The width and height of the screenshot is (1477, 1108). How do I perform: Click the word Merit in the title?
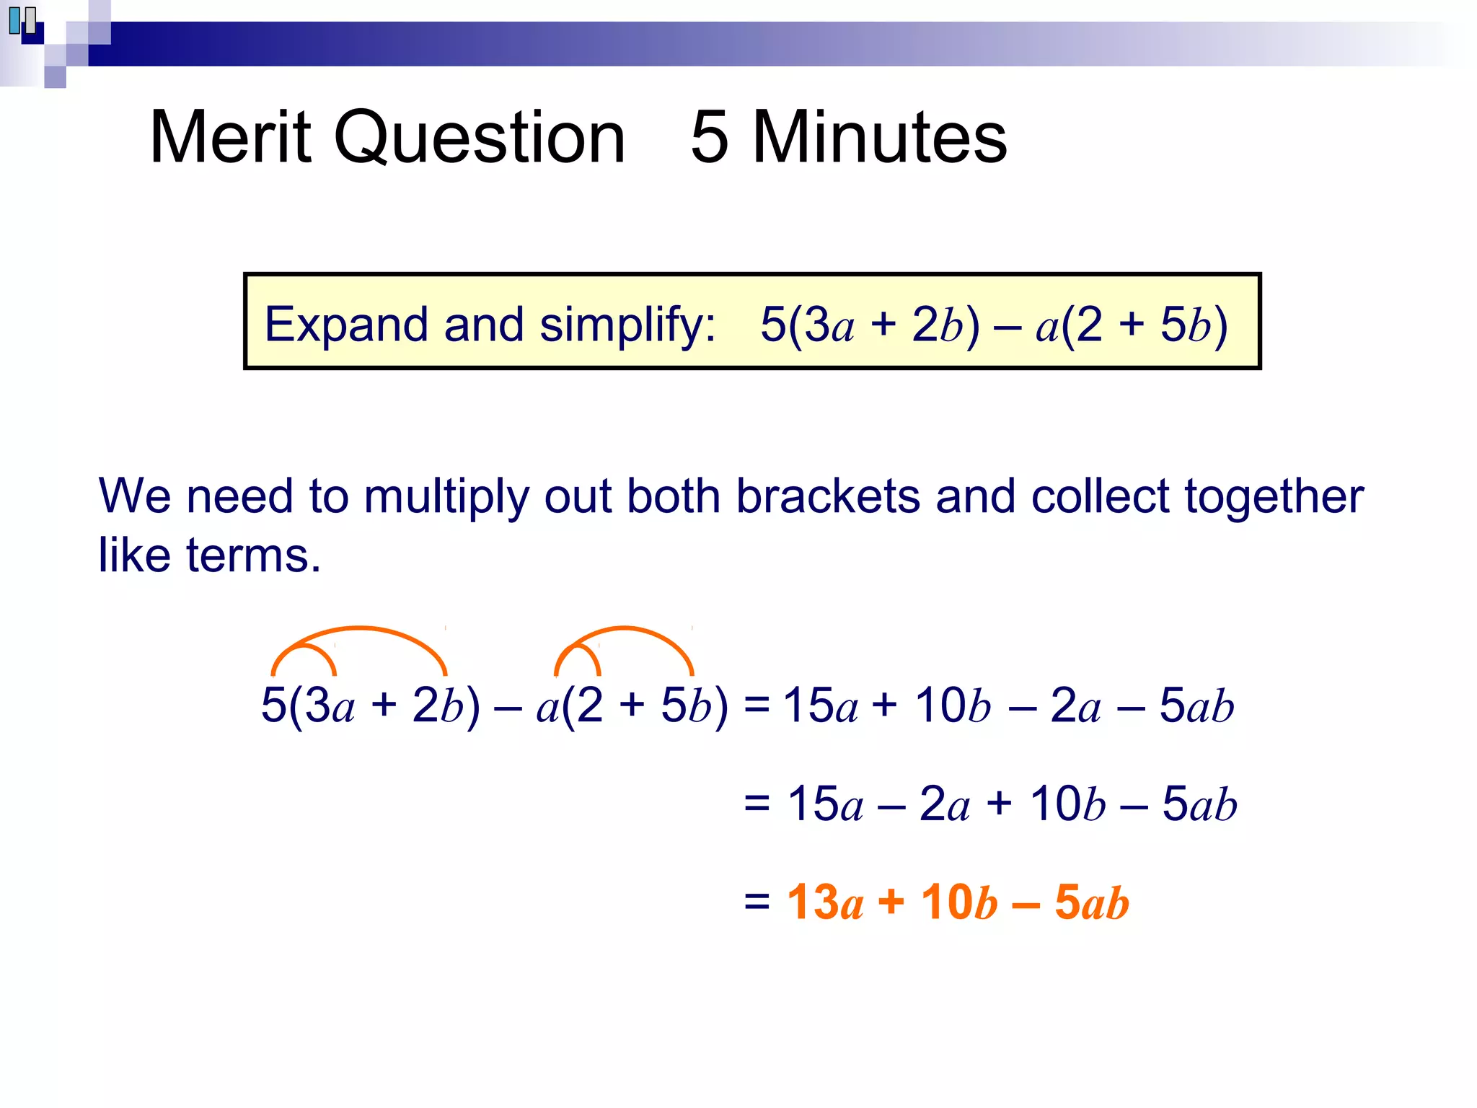click(x=230, y=137)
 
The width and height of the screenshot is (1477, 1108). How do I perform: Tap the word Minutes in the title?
click(x=879, y=137)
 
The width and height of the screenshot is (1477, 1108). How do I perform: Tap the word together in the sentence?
click(x=1274, y=498)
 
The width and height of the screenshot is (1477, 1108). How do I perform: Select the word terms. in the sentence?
click(x=253, y=556)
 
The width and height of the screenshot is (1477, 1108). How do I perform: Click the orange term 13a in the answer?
click(x=825, y=902)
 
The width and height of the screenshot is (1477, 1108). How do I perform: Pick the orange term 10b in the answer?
click(x=959, y=902)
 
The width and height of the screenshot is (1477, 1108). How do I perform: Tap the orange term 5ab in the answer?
click(x=1091, y=902)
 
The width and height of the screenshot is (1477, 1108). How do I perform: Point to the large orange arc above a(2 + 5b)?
click(x=625, y=629)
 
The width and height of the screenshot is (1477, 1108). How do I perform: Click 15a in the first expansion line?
click(x=821, y=705)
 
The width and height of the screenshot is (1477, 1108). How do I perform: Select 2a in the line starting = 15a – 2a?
click(x=944, y=804)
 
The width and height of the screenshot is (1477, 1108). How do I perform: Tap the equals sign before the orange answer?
click(x=757, y=901)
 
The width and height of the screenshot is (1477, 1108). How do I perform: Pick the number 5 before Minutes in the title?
click(x=709, y=137)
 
